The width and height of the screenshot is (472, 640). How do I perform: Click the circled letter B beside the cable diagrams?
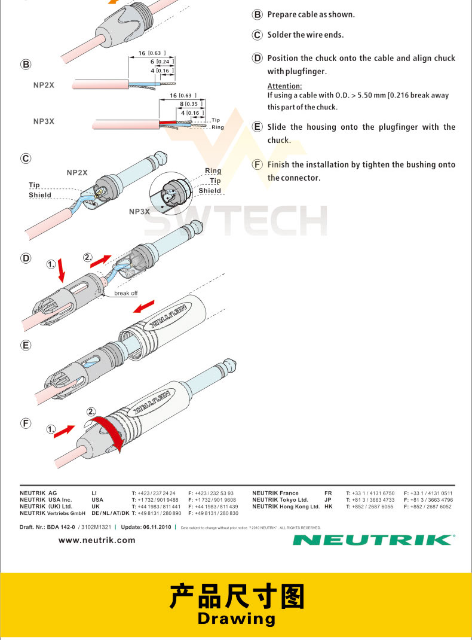pyautogui.click(x=26, y=65)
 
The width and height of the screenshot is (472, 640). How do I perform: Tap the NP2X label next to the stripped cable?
pyautogui.click(x=44, y=86)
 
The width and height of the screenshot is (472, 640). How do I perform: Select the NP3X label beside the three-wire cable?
pyautogui.click(x=44, y=121)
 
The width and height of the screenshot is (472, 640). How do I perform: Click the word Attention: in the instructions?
pyautogui.click(x=284, y=86)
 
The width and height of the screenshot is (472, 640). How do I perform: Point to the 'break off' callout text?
pyautogui.click(x=125, y=293)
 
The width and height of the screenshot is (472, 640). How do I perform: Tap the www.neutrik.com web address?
pyautogui.click(x=97, y=540)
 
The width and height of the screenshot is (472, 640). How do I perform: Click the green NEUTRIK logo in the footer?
pyautogui.click(x=373, y=540)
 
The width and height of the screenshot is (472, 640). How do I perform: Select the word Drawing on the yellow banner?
pyautogui.click(x=237, y=618)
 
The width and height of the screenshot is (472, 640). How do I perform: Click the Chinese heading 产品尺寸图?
pyautogui.click(x=237, y=597)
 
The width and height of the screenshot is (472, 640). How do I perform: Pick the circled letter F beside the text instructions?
pyautogui.click(x=258, y=164)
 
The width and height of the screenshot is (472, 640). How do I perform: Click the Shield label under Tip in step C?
pyautogui.click(x=40, y=195)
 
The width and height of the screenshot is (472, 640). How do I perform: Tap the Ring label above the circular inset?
pyautogui.click(x=213, y=170)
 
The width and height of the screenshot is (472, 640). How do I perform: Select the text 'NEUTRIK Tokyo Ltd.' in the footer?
pyautogui.click(x=280, y=499)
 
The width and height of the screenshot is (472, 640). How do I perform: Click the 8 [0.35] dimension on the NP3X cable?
pyautogui.click(x=189, y=104)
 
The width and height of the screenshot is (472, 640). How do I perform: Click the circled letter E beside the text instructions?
pyautogui.click(x=258, y=127)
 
